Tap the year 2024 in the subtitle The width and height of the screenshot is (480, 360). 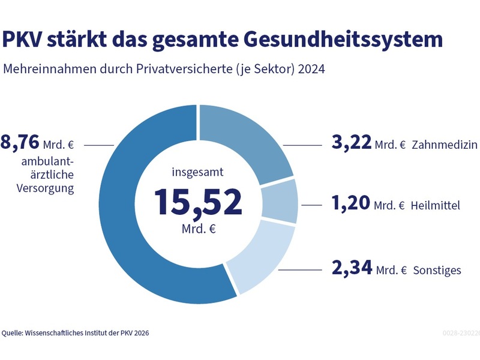311,69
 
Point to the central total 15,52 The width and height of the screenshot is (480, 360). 199,202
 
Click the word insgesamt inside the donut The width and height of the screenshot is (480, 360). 198,173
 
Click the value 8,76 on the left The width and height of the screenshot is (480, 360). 20,143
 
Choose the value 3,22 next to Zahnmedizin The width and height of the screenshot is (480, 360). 351,144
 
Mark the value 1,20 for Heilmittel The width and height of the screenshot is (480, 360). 351,204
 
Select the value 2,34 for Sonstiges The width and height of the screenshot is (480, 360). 351,268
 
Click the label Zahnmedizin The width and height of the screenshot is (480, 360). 445,145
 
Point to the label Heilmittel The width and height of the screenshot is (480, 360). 436,206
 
